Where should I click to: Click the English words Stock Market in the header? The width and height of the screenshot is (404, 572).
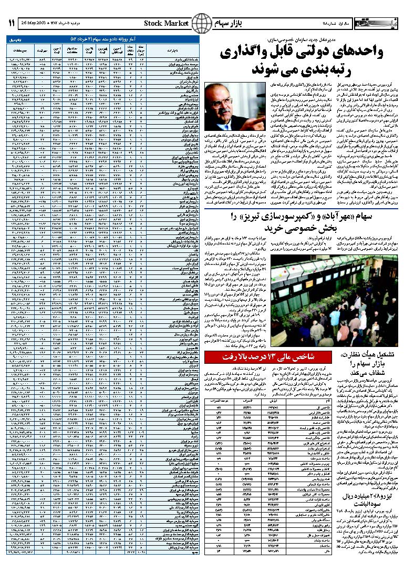(166, 23)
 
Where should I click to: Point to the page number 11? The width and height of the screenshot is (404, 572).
(12, 24)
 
